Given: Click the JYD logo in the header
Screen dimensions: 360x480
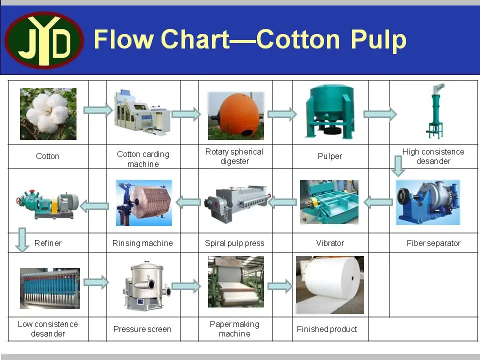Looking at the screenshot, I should click(44, 40).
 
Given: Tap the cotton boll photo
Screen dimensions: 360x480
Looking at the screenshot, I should click(48, 113).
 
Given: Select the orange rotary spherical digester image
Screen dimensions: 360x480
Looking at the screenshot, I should click(235, 115).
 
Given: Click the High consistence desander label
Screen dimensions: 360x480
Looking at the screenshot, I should click(433, 156).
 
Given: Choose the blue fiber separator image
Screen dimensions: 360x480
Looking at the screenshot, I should click(427, 202).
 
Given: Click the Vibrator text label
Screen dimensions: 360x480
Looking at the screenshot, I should click(330, 243).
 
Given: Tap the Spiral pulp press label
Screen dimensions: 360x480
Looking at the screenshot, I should click(234, 243).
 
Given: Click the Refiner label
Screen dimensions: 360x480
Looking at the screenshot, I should click(48, 243).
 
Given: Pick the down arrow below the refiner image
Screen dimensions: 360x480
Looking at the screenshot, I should click(20, 240).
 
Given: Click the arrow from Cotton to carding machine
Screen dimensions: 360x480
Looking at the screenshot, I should click(97, 110).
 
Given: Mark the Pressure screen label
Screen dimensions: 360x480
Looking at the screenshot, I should click(142, 329).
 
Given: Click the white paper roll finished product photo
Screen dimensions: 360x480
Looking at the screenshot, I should click(329, 284).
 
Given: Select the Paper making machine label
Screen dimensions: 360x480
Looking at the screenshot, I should click(234, 328).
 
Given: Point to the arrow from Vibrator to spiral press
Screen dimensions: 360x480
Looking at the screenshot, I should click(282, 202).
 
